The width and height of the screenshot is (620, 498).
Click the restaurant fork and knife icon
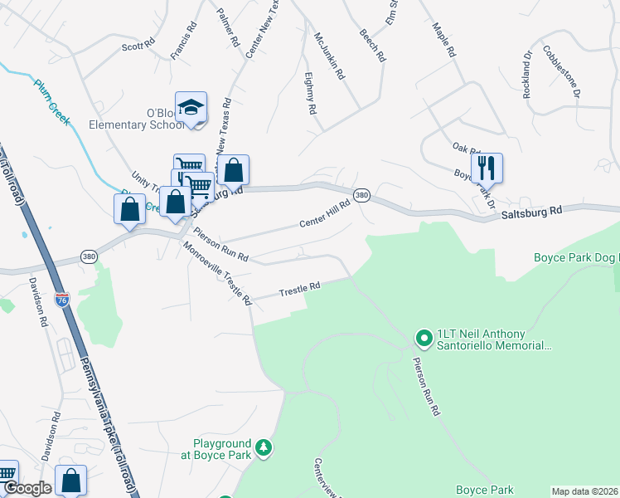point(487,168)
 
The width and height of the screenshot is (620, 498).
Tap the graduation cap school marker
point(191,107)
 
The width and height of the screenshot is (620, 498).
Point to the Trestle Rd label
point(299,289)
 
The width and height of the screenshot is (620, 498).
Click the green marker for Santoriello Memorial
point(424,337)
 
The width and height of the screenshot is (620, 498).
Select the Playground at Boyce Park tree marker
point(264,448)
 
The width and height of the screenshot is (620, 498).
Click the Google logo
point(27,488)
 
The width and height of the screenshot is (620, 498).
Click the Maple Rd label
point(444,38)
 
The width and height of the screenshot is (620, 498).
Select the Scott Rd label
point(138,44)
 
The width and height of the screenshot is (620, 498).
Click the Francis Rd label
point(182,40)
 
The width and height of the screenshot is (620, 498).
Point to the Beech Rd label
point(372,46)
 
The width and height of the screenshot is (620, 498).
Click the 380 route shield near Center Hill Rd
point(361,195)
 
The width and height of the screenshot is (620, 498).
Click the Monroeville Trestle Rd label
point(216,273)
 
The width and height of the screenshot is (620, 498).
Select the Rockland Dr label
point(526,75)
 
